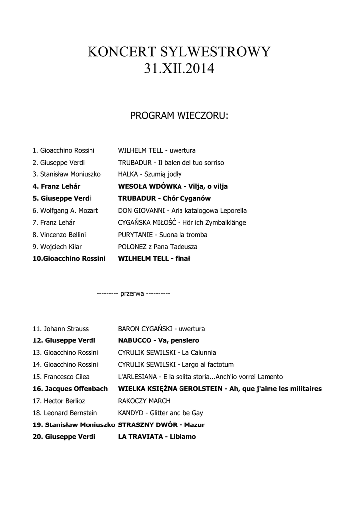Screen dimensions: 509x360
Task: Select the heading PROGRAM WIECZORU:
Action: pos(179,116)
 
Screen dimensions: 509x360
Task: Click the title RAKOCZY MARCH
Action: pos(144,401)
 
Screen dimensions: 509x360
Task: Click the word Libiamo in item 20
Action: pos(182,437)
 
